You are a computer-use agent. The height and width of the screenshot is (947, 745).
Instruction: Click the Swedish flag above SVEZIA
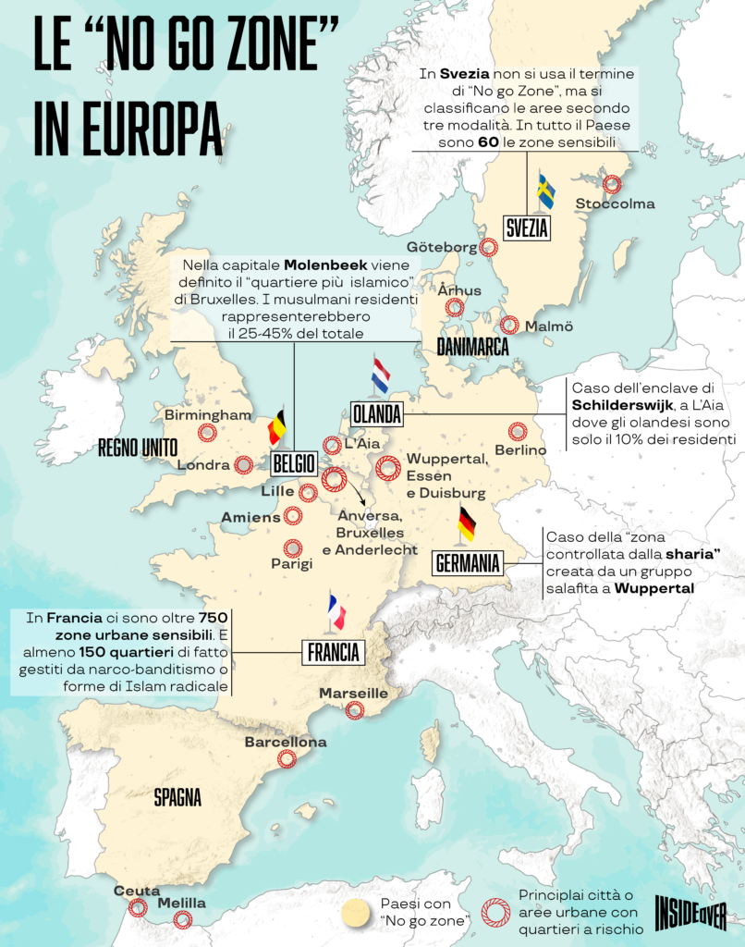point(546,192)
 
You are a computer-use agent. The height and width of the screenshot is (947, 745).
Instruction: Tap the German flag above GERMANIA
point(467,523)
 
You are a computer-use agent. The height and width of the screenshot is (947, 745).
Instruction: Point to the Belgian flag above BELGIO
point(277,428)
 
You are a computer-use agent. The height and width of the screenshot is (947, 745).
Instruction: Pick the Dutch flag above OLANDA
point(380,375)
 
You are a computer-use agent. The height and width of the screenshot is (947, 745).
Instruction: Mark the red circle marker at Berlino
point(518,432)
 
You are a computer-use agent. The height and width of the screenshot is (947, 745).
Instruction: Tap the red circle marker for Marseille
point(354,710)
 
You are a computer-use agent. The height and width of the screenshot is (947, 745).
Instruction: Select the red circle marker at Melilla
point(183,919)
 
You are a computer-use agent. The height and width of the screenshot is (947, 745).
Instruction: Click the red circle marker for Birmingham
point(208,433)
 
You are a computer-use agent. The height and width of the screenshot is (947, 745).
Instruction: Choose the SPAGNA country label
point(177,797)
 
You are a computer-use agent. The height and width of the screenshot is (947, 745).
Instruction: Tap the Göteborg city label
point(442,247)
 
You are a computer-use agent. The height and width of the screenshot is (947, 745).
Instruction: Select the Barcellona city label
point(285,742)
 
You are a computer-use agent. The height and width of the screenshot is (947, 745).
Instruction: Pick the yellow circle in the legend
point(355,912)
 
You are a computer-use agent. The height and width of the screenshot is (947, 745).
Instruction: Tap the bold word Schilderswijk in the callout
point(617,405)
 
